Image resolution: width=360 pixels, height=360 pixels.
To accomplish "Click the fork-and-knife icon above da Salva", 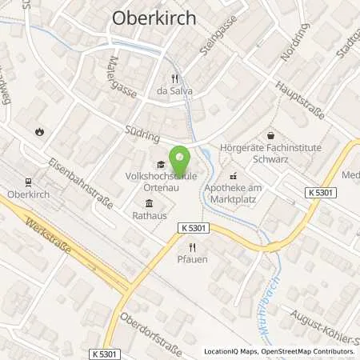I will click(175, 78).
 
